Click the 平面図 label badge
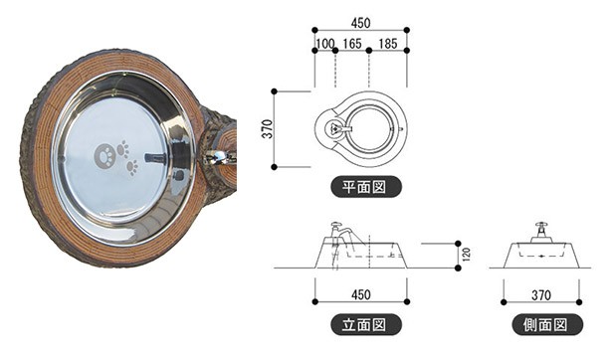[x=366, y=187]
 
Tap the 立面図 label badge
[x=366, y=324]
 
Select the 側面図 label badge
[x=547, y=324]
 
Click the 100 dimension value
[x=325, y=44]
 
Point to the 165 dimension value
[x=352, y=44]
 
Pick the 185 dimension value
[x=388, y=44]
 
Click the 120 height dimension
[x=467, y=254]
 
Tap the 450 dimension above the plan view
[x=361, y=23]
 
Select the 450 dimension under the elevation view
[x=361, y=294]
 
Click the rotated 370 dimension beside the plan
[x=268, y=129]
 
